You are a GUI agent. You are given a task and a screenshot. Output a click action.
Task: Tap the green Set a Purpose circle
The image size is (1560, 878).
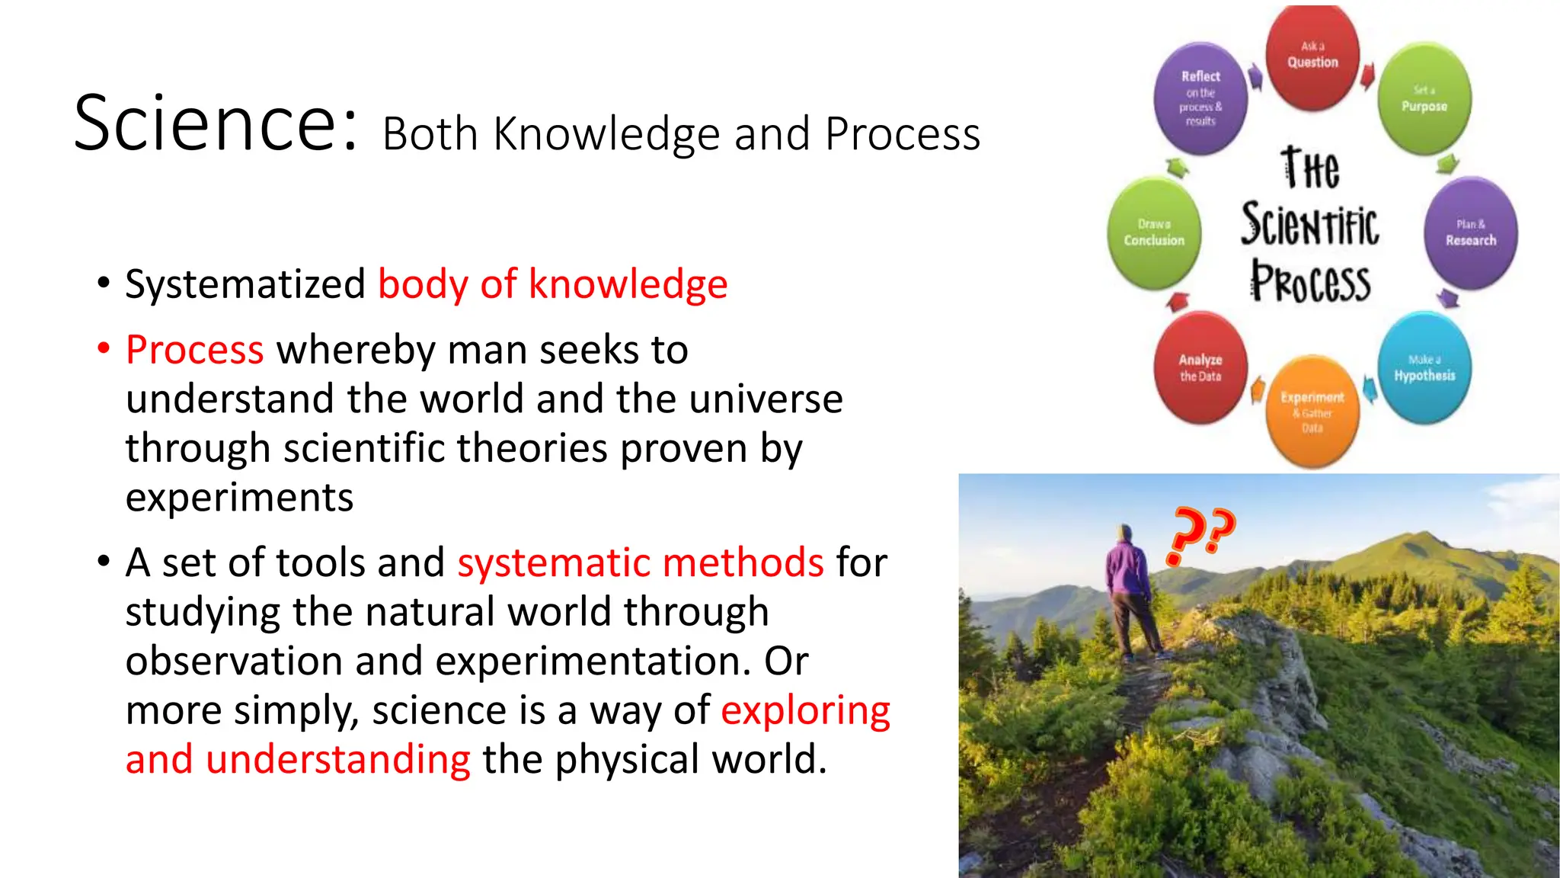(x=1424, y=100)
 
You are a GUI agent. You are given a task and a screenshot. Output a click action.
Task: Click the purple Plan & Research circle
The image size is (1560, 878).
(x=1470, y=233)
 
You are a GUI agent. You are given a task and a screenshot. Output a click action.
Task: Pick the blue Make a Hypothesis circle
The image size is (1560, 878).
(x=1424, y=368)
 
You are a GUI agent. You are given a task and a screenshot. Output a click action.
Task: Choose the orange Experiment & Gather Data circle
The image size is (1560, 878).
(x=1312, y=412)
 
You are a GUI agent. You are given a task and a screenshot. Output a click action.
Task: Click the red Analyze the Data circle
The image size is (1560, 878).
(x=1200, y=367)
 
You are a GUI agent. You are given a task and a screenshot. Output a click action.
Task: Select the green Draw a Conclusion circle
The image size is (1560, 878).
(x=1154, y=233)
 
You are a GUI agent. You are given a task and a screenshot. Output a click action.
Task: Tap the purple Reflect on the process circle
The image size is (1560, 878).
(x=1200, y=98)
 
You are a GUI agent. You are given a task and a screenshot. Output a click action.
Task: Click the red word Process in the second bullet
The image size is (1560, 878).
(x=195, y=350)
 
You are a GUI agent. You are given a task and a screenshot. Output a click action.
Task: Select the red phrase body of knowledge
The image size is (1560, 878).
(x=552, y=284)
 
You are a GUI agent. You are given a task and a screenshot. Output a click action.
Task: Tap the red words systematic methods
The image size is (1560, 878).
(x=640, y=562)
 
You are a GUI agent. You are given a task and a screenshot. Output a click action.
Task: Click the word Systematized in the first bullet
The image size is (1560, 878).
(x=245, y=284)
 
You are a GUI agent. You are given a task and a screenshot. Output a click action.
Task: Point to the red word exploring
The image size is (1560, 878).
(x=805, y=710)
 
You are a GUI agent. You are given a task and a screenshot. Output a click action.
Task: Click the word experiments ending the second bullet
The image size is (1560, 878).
(x=239, y=498)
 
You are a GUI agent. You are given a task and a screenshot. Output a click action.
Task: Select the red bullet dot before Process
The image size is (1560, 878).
(x=104, y=349)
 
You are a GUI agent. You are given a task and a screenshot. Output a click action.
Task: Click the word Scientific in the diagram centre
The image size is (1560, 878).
(x=1309, y=225)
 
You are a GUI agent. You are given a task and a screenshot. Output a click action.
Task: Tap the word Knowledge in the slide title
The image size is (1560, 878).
(x=606, y=135)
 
